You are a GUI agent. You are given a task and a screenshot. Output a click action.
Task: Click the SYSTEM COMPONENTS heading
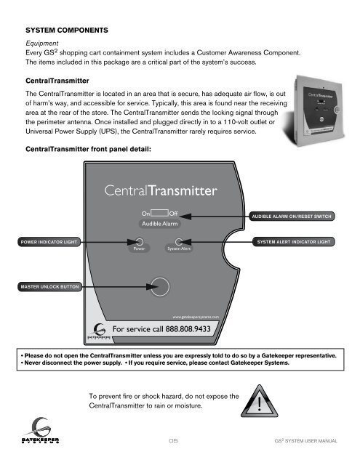click(67, 33)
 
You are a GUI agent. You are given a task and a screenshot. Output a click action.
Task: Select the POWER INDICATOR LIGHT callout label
click(49, 241)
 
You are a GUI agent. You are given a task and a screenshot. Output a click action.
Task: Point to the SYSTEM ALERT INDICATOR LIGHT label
click(295, 241)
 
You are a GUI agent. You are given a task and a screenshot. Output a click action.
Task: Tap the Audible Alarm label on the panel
click(159, 225)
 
